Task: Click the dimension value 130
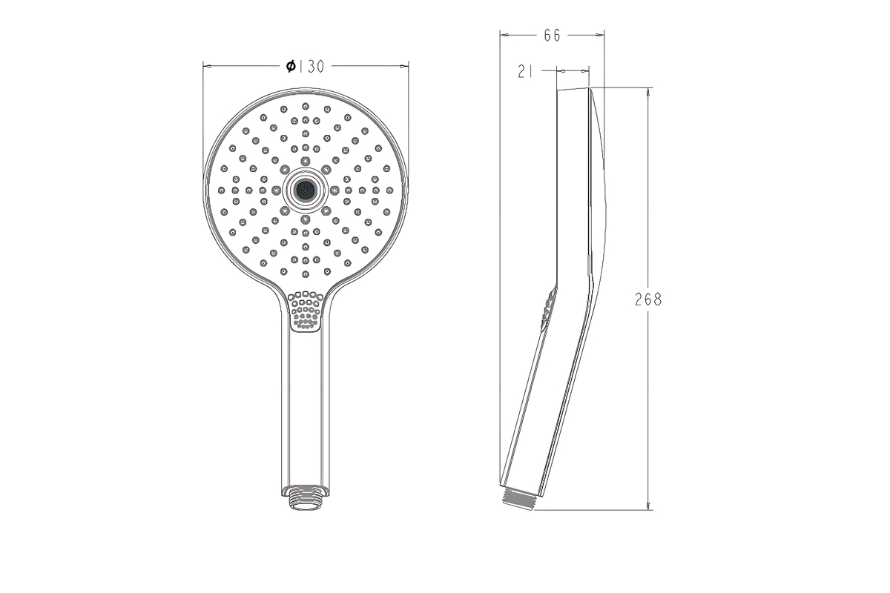coord(311,66)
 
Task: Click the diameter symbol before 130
coord(291,66)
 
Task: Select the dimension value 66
coord(552,36)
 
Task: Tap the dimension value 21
coord(525,71)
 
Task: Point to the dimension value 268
coord(648,299)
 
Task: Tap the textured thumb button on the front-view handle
coord(305,311)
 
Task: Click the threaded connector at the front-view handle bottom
coord(305,497)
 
